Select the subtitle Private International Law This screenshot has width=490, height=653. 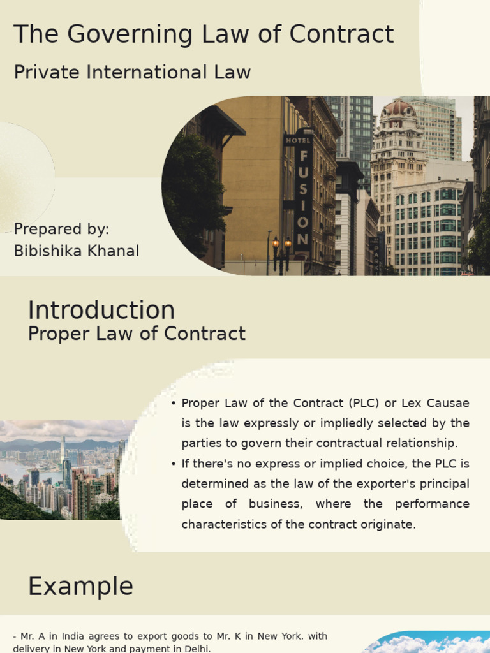tap(132, 73)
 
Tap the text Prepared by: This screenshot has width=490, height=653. tap(61, 230)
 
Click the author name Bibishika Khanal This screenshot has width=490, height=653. tap(76, 251)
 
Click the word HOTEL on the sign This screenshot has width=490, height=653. tap(298, 140)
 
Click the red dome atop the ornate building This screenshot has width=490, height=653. tap(398, 108)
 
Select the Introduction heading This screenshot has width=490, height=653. tap(101, 311)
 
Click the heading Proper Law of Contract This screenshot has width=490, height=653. tap(137, 334)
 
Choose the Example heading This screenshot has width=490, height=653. tap(80, 587)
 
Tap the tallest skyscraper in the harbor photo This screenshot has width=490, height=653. tap(63, 456)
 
